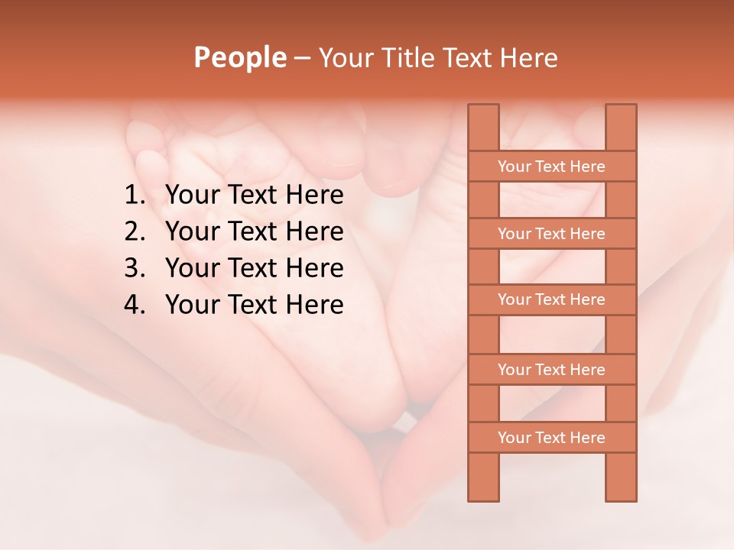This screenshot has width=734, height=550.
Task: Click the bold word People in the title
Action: pyautogui.click(x=239, y=57)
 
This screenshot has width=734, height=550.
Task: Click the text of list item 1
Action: pyautogui.click(x=254, y=196)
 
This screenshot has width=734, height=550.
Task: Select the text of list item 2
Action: pyautogui.click(x=254, y=231)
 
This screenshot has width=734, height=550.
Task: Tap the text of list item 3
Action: pyautogui.click(x=254, y=268)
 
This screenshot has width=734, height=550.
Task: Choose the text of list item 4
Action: pyautogui.click(x=254, y=305)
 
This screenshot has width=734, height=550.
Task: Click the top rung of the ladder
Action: pyautogui.click(x=551, y=167)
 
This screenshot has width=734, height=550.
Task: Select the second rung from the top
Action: pyautogui.click(x=551, y=234)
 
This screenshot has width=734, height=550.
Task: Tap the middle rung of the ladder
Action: pyautogui.click(x=551, y=299)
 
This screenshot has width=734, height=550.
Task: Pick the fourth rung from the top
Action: pyautogui.click(x=551, y=370)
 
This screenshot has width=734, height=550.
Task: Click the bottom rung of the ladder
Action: pyautogui.click(x=551, y=438)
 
